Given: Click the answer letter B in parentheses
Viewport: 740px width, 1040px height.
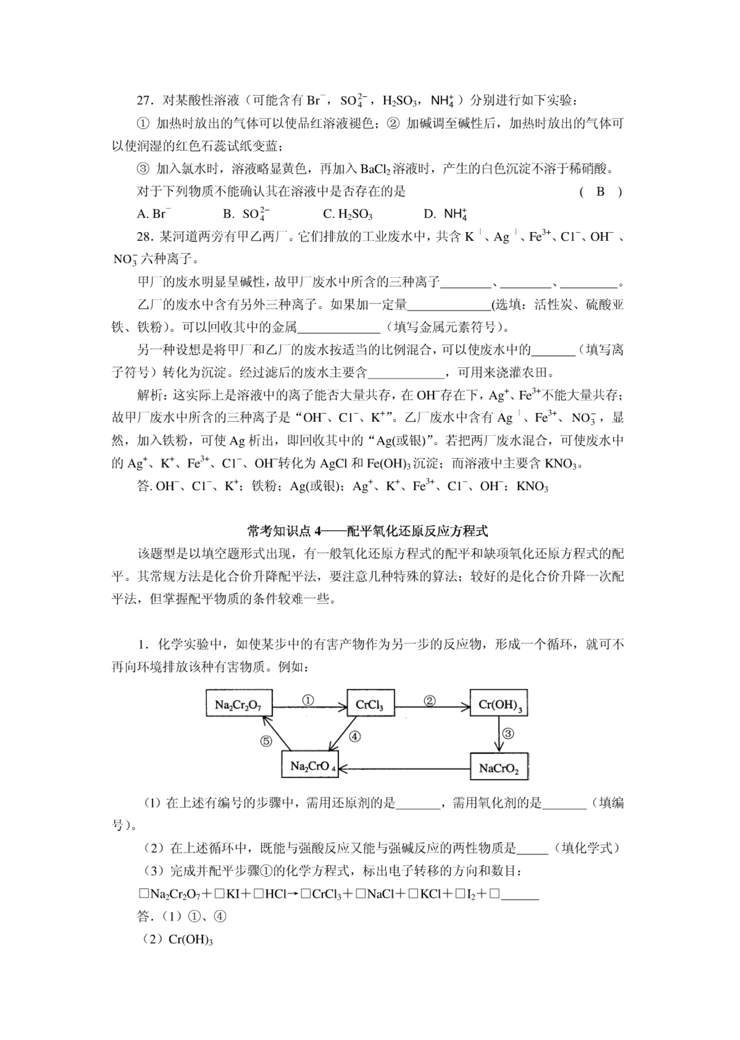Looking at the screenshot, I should tap(600, 192).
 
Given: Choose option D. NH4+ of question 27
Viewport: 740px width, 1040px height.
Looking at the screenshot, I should tap(445, 214).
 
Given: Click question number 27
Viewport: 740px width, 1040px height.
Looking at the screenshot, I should tap(145, 100).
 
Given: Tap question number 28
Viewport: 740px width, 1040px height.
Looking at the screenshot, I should tap(144, 237).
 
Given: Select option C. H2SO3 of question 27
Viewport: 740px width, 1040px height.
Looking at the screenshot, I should tap(347, 214).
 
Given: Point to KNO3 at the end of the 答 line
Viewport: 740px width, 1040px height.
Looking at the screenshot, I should tap(532, 487).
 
